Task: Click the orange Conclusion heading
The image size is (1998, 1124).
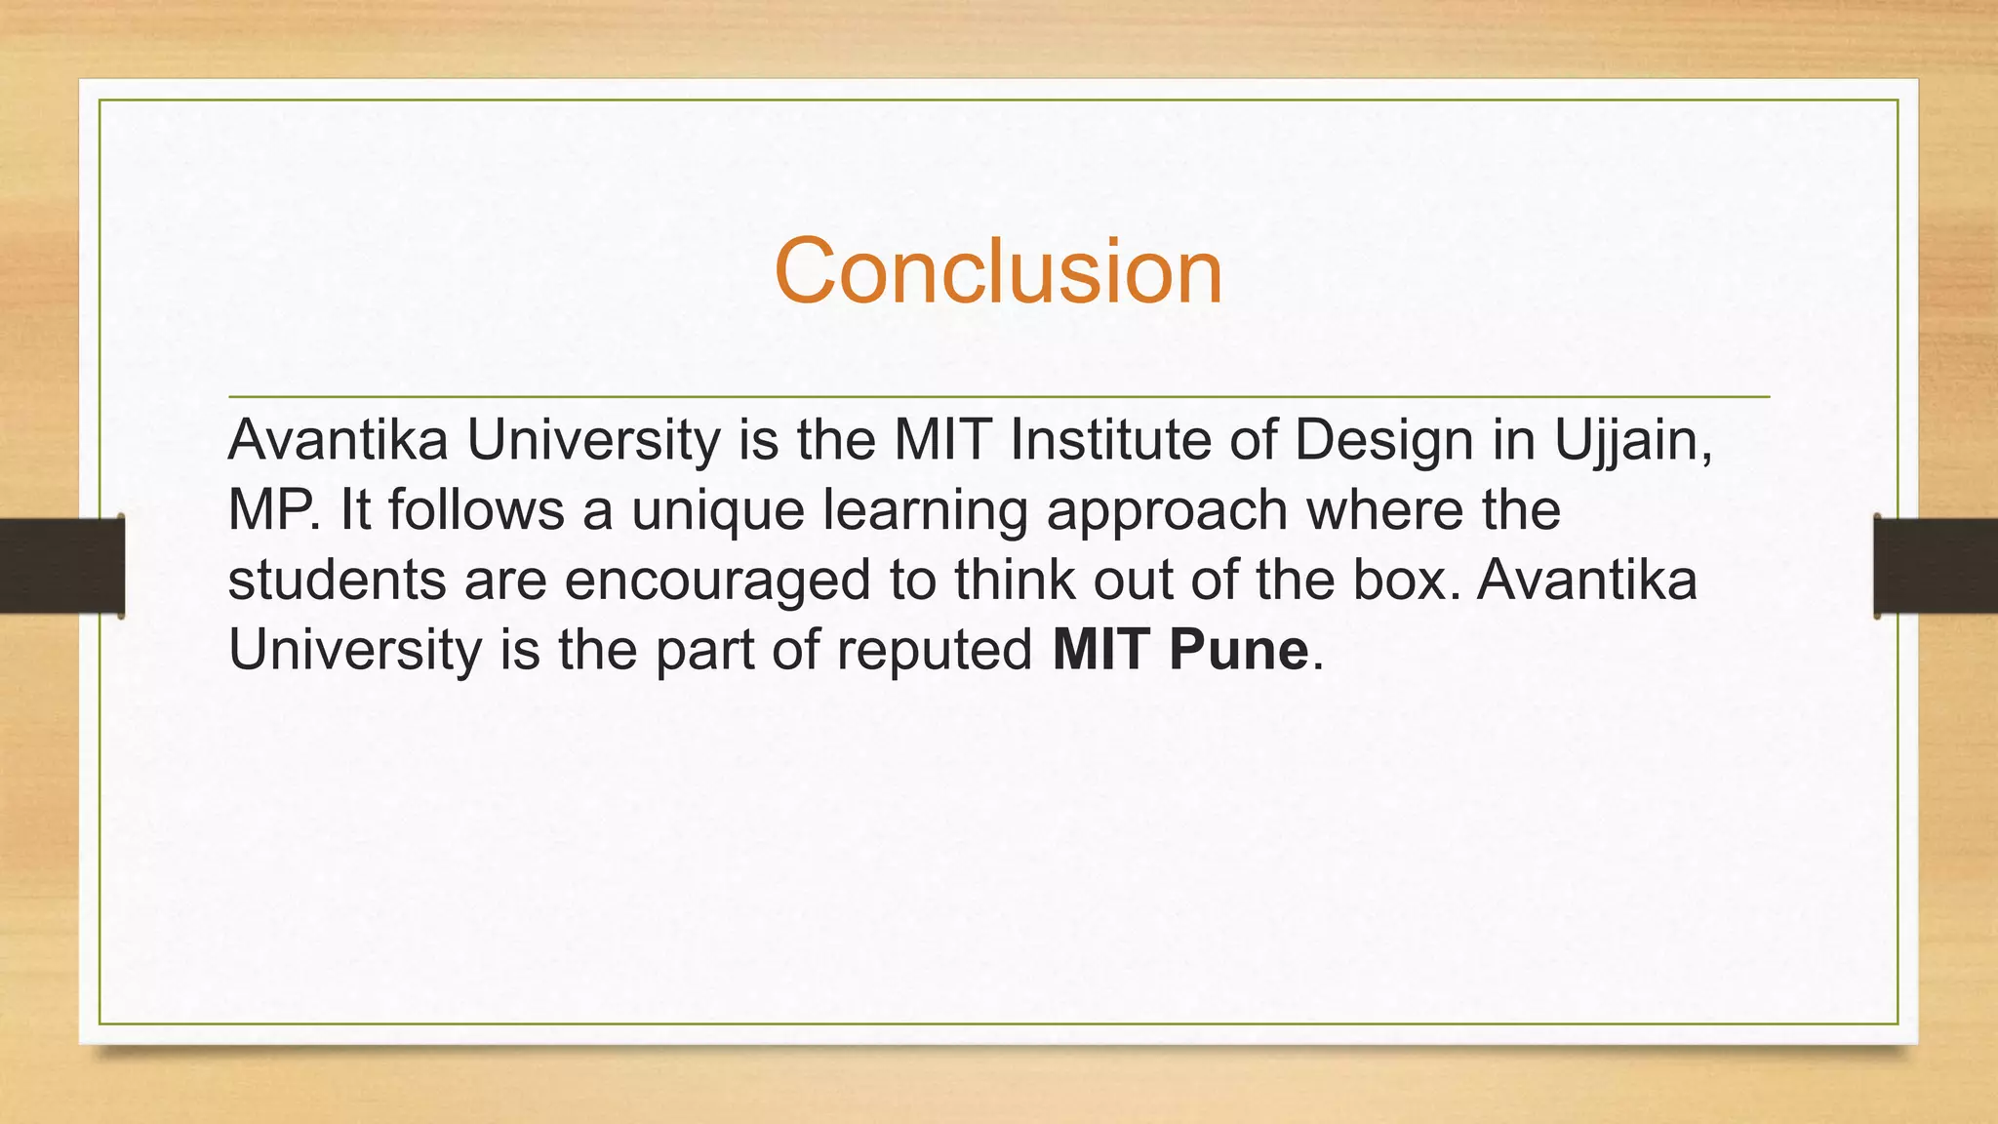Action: (x=998, y=271)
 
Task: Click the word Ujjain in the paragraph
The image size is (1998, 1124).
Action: (x=1631, y=441)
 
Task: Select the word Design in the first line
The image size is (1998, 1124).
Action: (x=1383, y=441)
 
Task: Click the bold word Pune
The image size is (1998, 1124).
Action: (x=1238, y=650)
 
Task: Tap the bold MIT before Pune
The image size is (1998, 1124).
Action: (x=1101, y=650)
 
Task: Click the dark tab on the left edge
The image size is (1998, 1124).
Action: (x=61, y=566)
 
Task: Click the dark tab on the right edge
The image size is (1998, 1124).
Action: (x=1936, y=566)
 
